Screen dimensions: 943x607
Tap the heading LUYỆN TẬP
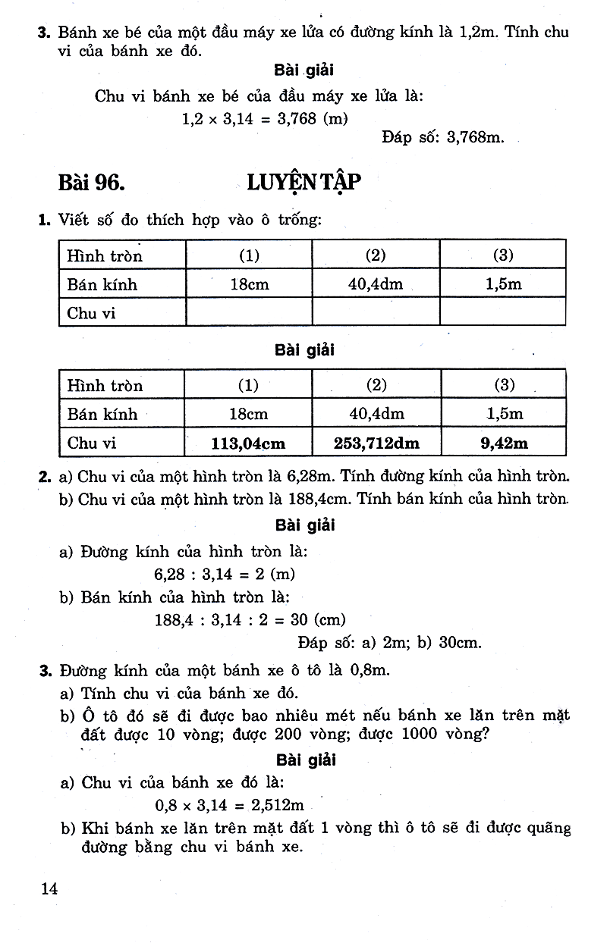[x=303, y=183]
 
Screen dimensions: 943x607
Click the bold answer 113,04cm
[x=249, y=443]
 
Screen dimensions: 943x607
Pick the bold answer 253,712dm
[x=376, y=443]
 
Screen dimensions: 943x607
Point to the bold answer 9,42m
[x=505, y=443]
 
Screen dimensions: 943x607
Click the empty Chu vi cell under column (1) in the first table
[x=249, y=312]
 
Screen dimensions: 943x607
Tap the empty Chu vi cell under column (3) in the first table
[x=503, y=312]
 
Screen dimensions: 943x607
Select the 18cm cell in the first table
[x=249, y=285]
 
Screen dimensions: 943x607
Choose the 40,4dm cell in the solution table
[x=376, y=414]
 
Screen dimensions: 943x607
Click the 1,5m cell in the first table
[x=503, y=285]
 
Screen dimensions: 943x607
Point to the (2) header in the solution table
[x=376, y=385]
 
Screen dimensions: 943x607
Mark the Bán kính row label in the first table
[x=102, y=285]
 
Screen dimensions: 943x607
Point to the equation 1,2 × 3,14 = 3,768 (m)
[x=264, y=118]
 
